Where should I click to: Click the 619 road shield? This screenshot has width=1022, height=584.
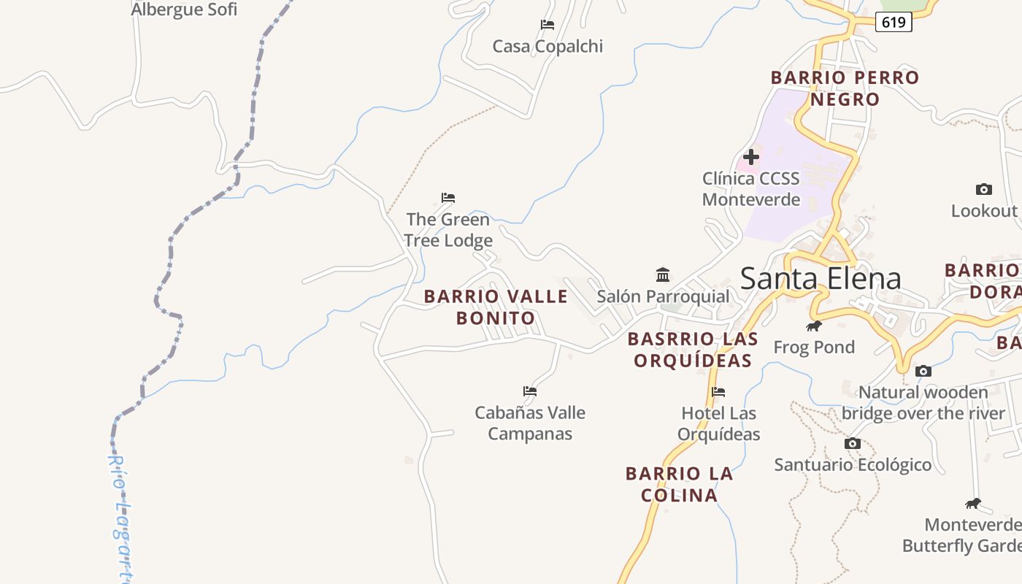(894, 22)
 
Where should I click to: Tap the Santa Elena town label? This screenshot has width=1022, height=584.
(821, 278)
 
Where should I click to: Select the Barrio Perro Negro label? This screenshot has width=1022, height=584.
(845, 88)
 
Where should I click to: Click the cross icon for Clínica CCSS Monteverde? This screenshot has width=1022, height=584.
(750, 157)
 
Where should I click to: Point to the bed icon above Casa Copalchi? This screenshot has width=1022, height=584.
(547, 25)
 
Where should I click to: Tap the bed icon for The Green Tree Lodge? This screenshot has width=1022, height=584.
(448, 198)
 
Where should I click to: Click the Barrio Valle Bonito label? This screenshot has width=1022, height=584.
(496, 307)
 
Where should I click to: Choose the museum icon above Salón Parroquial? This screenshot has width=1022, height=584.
(663, 275)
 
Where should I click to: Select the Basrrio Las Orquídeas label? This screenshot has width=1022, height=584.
(693, 350)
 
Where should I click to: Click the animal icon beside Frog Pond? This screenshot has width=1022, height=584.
(813, 326)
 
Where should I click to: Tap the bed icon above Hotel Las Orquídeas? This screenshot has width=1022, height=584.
(718, 392)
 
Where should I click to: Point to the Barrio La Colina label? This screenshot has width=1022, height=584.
(679, 484)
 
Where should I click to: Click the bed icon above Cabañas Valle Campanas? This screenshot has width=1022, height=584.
(530, 391)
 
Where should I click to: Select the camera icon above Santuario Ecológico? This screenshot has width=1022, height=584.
(852, 443)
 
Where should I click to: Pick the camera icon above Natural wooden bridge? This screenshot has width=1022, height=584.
(923, 371)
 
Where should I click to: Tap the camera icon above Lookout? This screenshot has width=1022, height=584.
(983, 190)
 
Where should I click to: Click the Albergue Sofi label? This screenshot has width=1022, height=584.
(184, 9)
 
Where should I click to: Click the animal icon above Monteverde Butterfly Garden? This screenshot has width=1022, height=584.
(972, 503)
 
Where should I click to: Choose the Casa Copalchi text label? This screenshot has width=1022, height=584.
(547, 47)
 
